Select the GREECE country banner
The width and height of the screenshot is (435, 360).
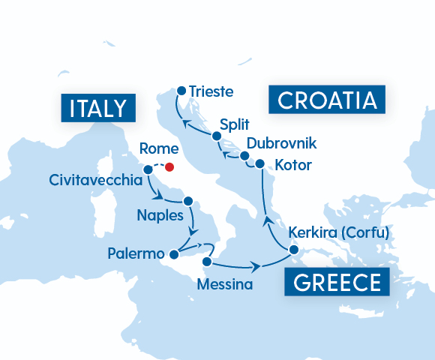[331, 283]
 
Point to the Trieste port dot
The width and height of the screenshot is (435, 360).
[181, 91]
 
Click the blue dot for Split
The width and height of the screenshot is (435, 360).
[217, 136]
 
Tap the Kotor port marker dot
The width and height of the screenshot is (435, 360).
[259, 163]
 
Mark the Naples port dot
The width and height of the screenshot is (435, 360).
[188, 201]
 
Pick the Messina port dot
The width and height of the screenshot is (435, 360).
[205, 261]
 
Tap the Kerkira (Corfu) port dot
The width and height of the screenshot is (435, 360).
[294, 250]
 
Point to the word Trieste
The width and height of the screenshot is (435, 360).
[211, 92]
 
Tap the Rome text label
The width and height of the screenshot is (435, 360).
[159, 148]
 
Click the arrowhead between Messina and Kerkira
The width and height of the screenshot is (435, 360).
[257, 267]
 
